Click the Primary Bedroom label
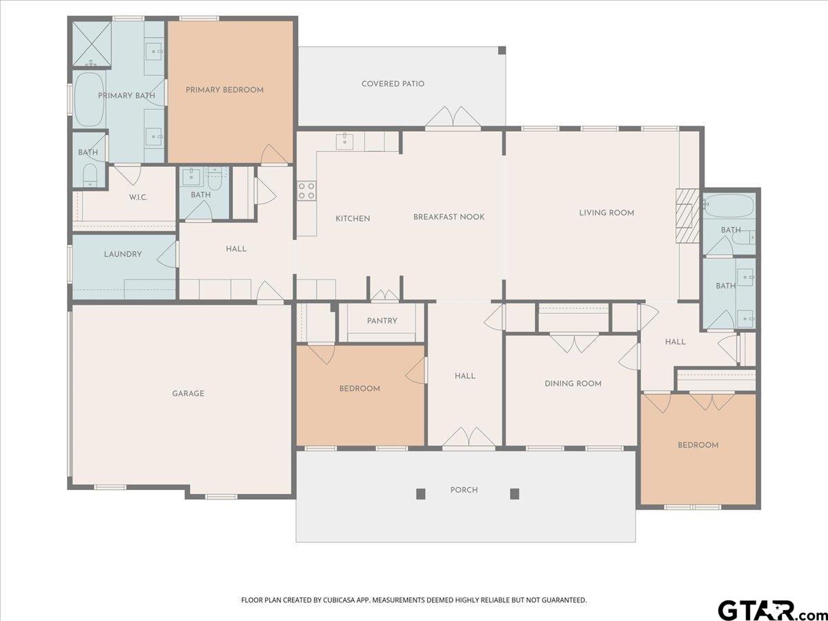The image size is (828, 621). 224,90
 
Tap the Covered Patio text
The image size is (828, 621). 393,83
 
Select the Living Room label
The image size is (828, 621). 607,213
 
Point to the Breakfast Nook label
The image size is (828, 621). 449,217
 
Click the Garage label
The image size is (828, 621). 188,393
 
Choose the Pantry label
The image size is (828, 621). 382,320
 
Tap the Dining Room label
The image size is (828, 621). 573,384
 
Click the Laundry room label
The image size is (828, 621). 123,254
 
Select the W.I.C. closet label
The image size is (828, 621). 138,197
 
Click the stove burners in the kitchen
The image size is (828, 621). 306,191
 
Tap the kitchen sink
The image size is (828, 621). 345,141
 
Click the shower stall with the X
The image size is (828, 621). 92,43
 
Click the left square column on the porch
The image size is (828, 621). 421,493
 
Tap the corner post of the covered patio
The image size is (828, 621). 502,50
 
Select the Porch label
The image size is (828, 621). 464,490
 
